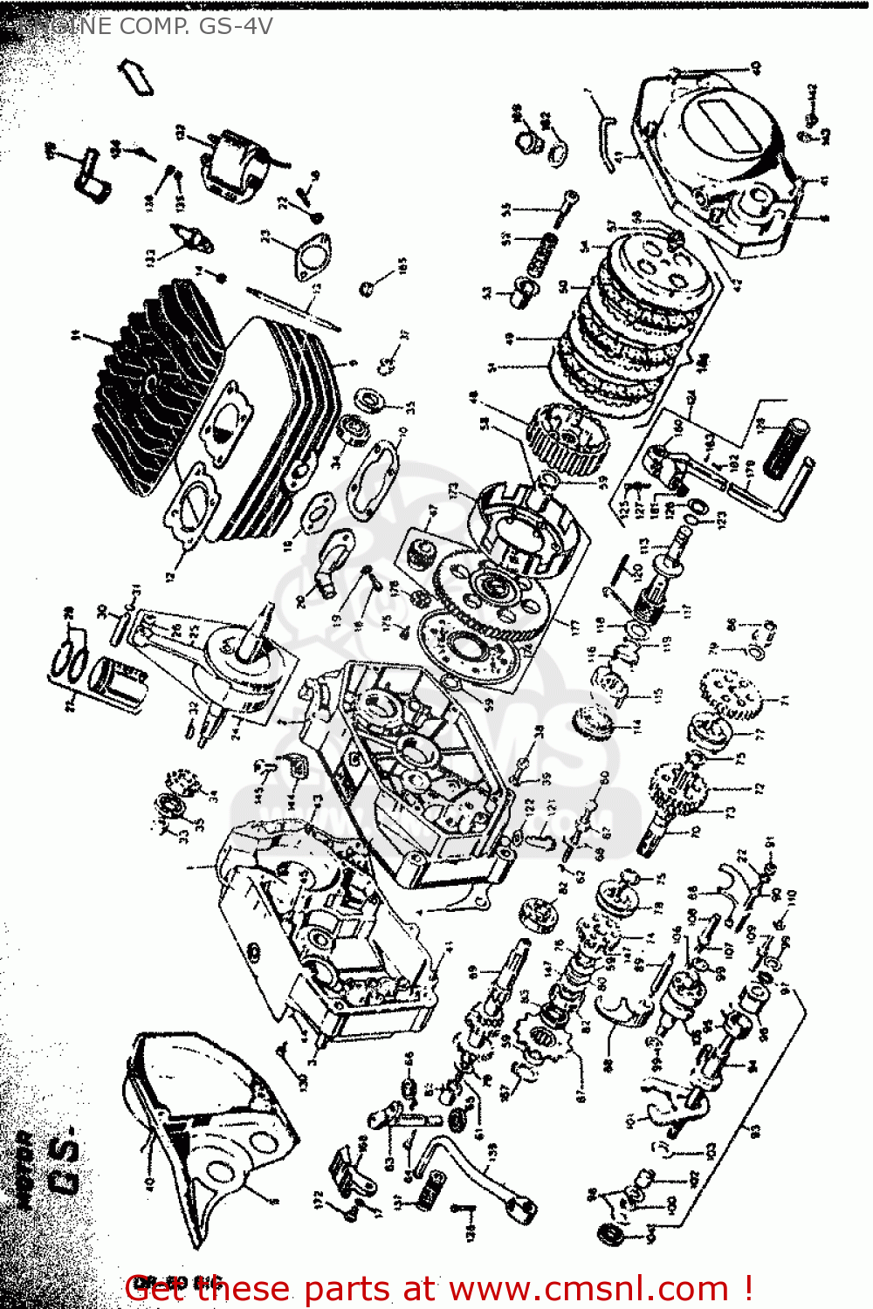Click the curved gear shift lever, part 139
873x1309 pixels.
click(x=471, y=1169)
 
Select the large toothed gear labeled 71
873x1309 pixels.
click(x=732, y=695)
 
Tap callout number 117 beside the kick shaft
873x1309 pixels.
click(x=686, y=612)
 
